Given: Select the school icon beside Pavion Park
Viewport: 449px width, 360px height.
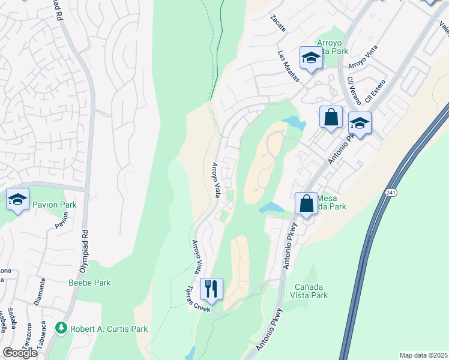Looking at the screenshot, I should coord(18,199).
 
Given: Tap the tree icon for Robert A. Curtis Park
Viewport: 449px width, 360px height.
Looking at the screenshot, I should coord(60,328).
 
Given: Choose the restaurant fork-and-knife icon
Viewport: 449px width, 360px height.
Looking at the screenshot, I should coord(211,289).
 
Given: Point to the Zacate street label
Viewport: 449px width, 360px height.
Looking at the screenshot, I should coord(278,23).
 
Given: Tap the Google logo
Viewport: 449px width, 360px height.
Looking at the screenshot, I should coord(20,352).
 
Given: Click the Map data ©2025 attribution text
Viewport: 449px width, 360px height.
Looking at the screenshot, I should coord(423,355).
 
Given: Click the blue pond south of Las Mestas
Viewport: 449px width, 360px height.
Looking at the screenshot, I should coord(294,122).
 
